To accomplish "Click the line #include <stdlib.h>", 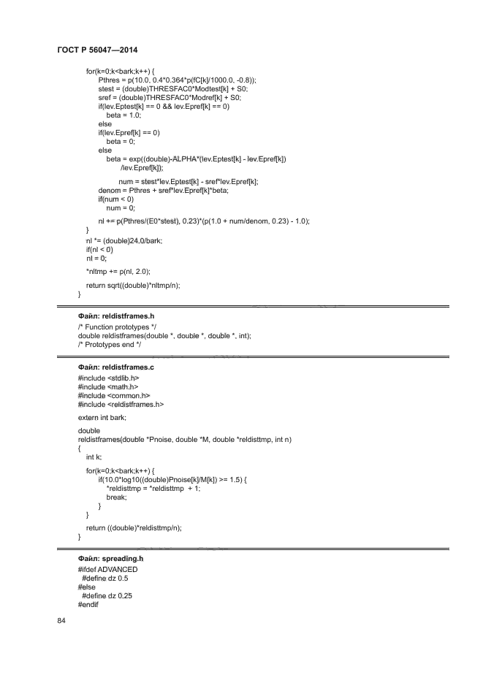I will (x=108, y=378).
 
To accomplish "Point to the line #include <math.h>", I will (x=107, y=386).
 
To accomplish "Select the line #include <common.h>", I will (x=113, y=395).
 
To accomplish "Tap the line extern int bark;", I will (x=102, y=416).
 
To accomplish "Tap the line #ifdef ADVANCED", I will (x=107, y=569).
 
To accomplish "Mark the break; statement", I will (x=117, y=497).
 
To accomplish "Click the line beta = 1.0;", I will (x=124, y=115).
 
